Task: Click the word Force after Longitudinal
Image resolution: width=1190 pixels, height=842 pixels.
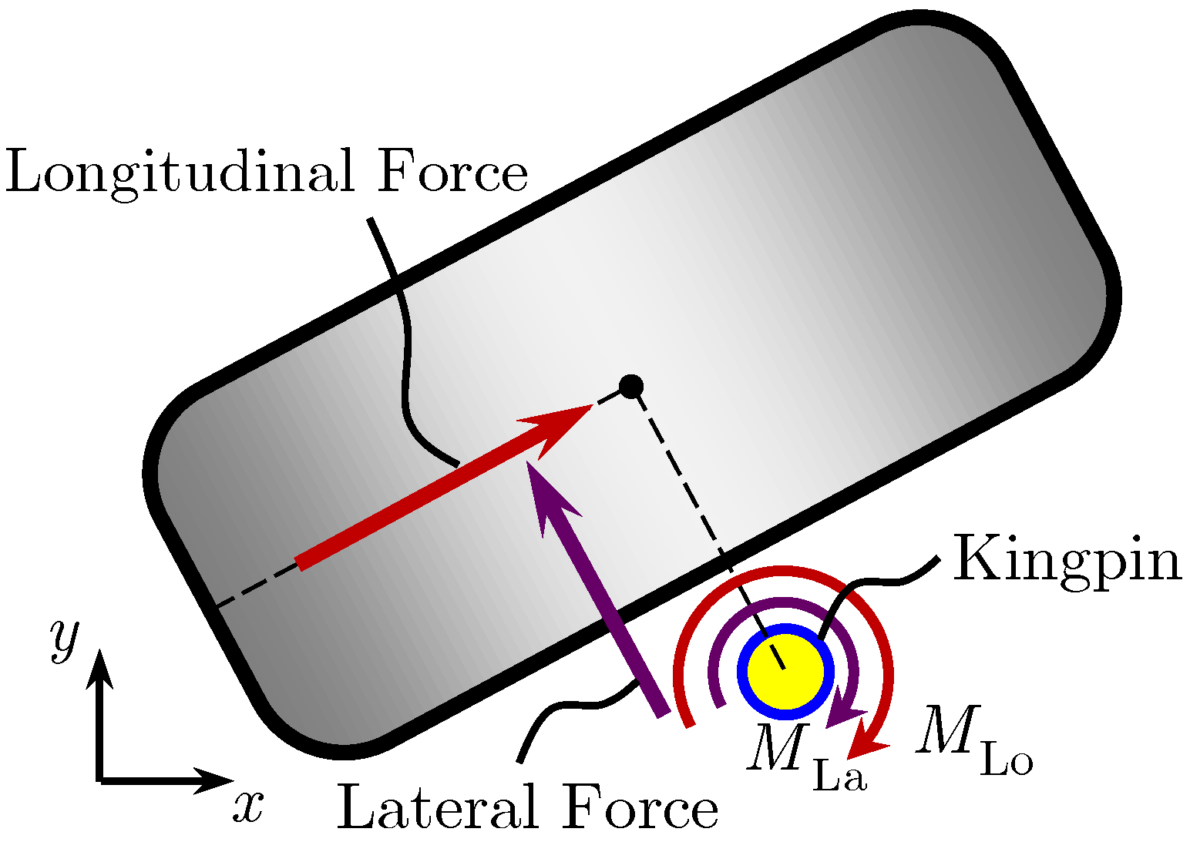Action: (x=452, y=173)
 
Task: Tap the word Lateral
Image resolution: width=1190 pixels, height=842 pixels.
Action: (x=436, y=808)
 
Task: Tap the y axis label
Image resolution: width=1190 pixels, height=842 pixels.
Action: (x=64, y=637)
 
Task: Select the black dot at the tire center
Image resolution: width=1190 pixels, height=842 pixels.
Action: (x=631, y=385)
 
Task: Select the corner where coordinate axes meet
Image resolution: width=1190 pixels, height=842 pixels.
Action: (x=100, y=780)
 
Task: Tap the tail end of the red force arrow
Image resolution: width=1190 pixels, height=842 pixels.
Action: (x=300, y=564)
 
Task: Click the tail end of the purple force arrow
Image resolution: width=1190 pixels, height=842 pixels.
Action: (x=664, y=713)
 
